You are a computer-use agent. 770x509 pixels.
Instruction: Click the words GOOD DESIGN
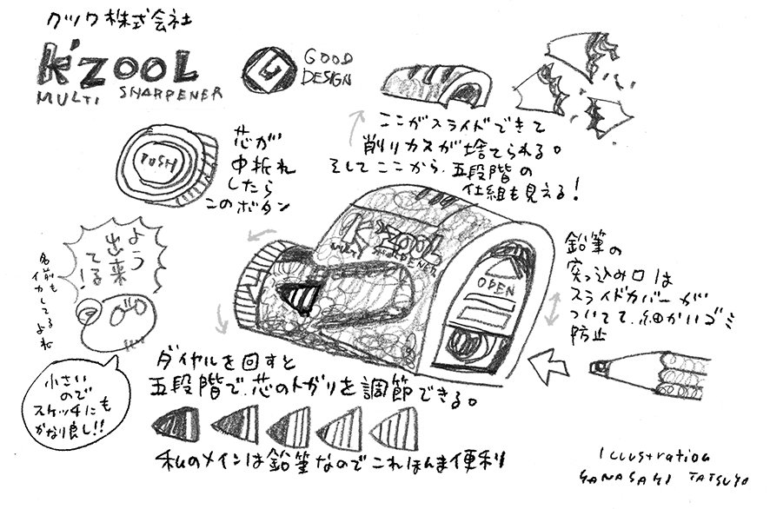pyautogui.click(x=327, y=68)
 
